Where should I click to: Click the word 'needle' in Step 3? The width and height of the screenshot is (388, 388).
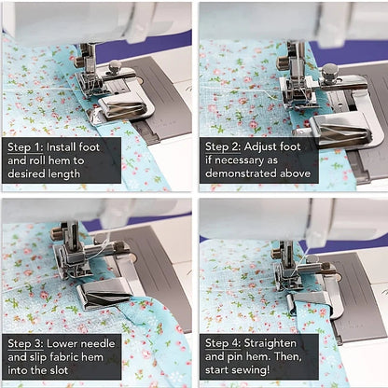tap(95, 343)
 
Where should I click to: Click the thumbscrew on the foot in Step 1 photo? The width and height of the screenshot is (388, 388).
tap(115, 67)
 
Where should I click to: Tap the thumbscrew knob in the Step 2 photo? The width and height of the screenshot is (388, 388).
tap(329, 70)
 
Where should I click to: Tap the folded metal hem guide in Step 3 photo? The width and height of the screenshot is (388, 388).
tap(103, 297)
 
